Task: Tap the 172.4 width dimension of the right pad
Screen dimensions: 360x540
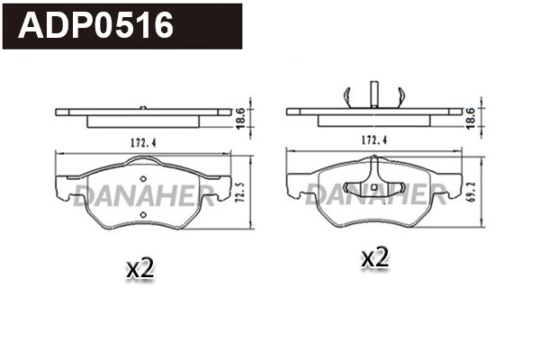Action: (373, 141)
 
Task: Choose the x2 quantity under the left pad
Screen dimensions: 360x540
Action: (139, 267)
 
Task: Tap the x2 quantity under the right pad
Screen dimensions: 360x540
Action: (373, 258)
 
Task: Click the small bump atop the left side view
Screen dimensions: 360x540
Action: (144, 107)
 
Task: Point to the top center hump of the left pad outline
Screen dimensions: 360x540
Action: (143, 161)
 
